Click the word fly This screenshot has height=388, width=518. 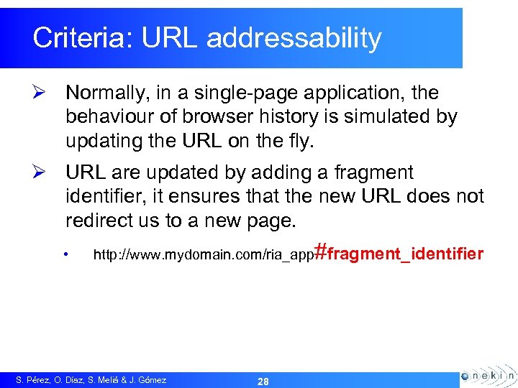[x=300, y=141]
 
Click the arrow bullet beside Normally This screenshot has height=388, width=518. [x=40, y=93]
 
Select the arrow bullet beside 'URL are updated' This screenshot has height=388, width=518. [x=40, y=173]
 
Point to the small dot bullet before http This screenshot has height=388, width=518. [x=65, y=254]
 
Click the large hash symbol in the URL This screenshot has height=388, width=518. [x=322, y=251]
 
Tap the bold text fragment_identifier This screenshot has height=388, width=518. [x=406, y=253]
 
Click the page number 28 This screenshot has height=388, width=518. [x=263, y=382]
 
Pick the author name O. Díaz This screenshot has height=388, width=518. [x=73, y=380]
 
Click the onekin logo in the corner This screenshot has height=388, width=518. [x=487, y=376]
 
